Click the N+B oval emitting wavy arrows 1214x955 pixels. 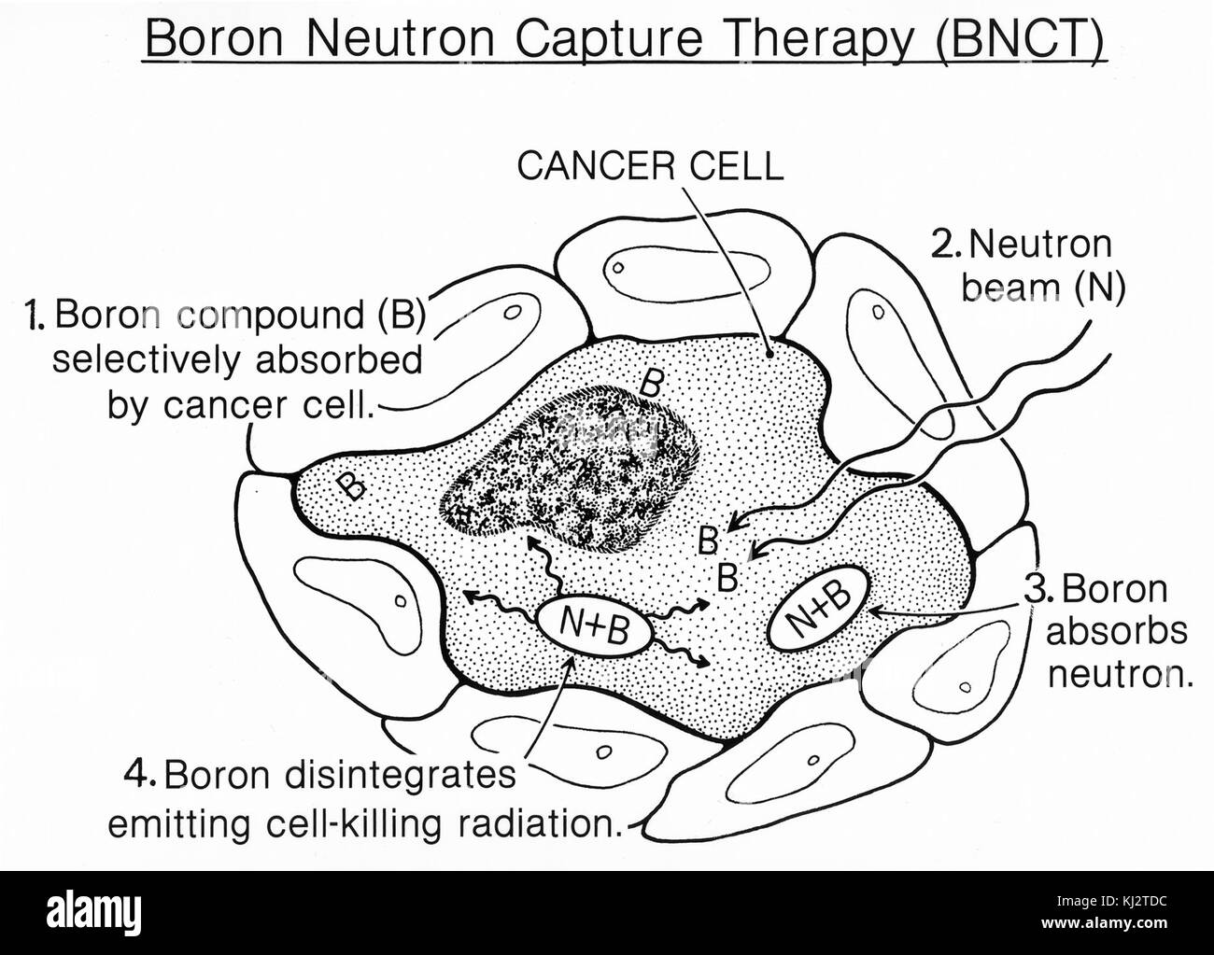[x=595, y=628]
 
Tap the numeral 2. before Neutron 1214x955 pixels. [x=950, y=245]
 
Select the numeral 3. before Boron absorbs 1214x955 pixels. [x=1038, y=589]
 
